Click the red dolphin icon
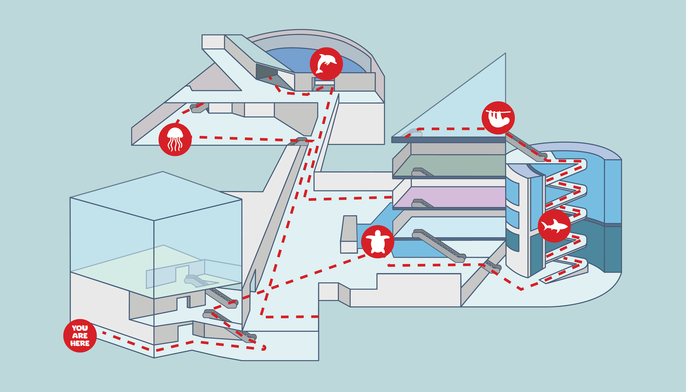pos(326,64)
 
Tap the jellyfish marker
pos(175,139)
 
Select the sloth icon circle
pos(498,118)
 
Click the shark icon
pos(554,226)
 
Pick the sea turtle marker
pos(378,242)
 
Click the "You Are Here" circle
pos(80,336)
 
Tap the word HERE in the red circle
pos(80,343)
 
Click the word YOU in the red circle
pos(80,328)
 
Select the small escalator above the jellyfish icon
pos(199,108)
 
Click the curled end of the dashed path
pos(264,348)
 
